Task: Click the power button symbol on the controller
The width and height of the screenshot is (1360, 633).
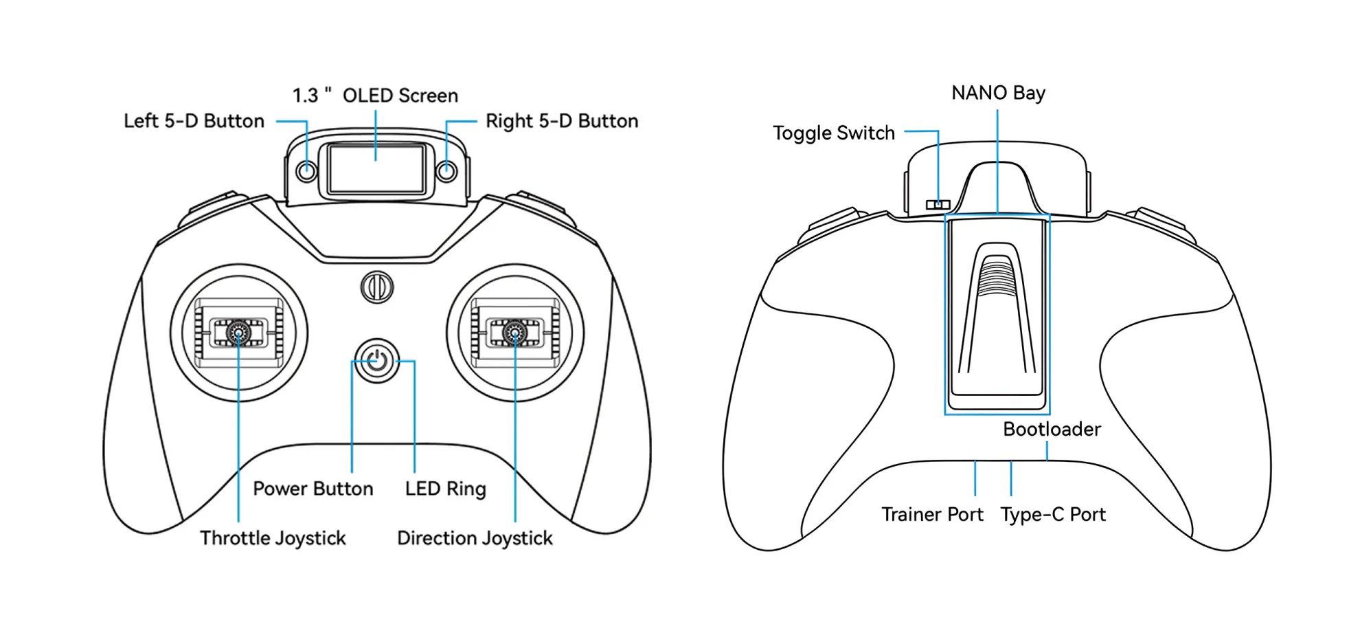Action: coord(376,361)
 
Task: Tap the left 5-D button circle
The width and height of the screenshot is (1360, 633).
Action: coord(306,170)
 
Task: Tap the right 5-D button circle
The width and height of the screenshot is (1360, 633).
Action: coord(447,170)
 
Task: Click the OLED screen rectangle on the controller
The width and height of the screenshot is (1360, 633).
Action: coord(376,169)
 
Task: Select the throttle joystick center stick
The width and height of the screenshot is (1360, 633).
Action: coord(238,333)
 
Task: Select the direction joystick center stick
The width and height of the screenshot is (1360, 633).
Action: coord(515,333)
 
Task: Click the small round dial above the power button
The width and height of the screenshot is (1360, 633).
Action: coord(377,287)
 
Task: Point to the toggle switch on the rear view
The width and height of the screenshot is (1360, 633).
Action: coord(938,205)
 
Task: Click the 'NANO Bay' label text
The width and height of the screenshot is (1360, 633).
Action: coord(998,93)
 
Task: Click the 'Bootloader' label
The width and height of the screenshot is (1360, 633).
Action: coord(1052,430)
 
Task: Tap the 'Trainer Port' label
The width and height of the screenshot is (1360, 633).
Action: coord(932,515)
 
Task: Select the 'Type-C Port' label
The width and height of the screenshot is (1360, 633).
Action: coord(1053,515)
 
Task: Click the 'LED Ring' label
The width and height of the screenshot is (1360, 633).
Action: coord(445,489)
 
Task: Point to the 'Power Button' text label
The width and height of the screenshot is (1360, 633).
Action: coord(313,489)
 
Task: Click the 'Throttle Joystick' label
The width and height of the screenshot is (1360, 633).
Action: coord(273,538)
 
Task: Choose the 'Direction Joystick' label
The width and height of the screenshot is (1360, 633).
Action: coord(475,538)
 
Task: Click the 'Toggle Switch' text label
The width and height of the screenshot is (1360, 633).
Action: coord(834,133)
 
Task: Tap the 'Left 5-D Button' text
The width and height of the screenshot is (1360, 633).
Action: coord(194,121)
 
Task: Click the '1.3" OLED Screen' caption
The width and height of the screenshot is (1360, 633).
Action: coord(375,96)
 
